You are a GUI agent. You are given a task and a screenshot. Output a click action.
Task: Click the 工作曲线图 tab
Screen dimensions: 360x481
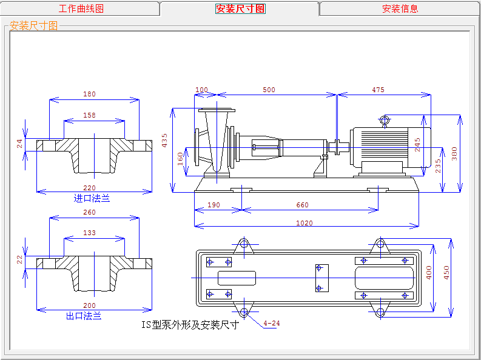pos(81,8)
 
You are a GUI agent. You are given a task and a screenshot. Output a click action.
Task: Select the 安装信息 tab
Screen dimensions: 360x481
pos(400,8)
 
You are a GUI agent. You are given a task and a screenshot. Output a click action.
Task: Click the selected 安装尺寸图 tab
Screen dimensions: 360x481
pos(240,8)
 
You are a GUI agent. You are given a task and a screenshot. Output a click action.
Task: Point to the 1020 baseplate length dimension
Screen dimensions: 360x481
pos(304,223)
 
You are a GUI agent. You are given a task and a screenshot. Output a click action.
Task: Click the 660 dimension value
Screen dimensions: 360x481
pos(302,205)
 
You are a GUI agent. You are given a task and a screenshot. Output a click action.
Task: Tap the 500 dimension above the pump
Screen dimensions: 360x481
pos(269,90)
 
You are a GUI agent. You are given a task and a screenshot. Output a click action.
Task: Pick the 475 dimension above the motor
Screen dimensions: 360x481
pos(378,90)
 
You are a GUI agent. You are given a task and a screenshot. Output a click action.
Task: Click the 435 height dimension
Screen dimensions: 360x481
pos(164,140)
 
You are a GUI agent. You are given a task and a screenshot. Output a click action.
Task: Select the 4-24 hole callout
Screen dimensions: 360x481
pos(272,323)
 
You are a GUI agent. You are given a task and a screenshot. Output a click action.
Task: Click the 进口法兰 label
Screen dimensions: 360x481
pos(92,198)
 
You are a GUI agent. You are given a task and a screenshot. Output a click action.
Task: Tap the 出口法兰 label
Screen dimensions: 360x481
pos(84,316)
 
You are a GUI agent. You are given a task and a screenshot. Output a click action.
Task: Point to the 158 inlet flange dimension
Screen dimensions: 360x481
pos(89,115)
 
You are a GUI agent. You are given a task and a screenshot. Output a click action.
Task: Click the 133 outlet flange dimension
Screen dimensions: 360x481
pos(89,233)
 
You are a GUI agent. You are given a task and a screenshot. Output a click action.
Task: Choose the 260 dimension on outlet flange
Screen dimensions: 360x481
pos(89,213)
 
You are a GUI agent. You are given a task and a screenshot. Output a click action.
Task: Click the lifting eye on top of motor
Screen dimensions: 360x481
pos(385,120)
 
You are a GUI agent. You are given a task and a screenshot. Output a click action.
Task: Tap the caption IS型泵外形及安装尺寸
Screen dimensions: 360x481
pos(190,324)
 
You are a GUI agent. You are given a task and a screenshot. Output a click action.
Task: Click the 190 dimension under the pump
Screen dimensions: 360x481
pos(214,205)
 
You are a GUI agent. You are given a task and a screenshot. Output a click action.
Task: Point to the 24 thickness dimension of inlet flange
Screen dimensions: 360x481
pos(19,144)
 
